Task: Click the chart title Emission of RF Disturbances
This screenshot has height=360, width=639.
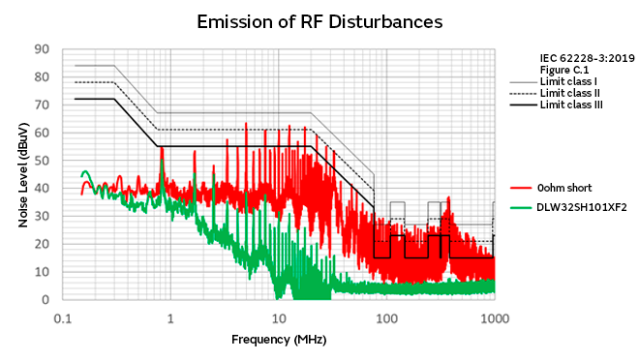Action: point(319,20)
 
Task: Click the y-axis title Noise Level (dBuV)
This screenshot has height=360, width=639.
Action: point(22,174)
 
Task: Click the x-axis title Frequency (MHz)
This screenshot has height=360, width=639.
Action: point(279,340)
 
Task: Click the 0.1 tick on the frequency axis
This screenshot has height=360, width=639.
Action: point(63,318)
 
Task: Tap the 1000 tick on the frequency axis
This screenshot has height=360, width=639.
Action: point(495,318)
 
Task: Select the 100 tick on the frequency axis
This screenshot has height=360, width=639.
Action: point(386,318)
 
